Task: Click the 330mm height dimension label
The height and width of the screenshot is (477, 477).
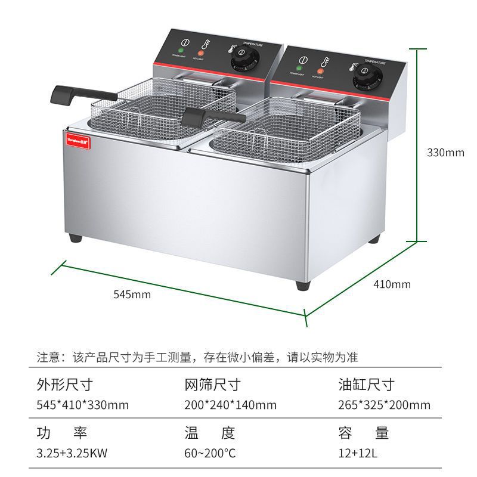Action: [x=445, y=153]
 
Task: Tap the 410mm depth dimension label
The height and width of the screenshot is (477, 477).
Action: [x=392, y=284]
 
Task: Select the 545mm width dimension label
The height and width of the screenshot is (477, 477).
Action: [x=132, y=294]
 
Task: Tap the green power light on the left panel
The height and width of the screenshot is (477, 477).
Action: [x=181, y=50]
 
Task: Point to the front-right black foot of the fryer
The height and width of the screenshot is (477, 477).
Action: [x=302, y=284]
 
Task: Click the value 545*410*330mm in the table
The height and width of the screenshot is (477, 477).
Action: [x=83, y=405]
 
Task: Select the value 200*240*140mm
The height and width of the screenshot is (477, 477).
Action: [x=230, y=405]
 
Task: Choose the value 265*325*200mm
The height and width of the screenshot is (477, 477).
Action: [x=384, y=405]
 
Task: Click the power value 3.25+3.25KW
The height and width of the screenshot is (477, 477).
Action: [x=67, y=453]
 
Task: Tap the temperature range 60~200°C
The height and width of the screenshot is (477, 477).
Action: [x=210, y=453]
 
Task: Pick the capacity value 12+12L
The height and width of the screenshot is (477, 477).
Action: [x=358, y=453]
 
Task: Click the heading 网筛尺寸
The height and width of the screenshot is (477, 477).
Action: [x=212, y=383]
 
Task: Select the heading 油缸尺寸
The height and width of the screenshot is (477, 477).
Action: [x=366, y=383]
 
